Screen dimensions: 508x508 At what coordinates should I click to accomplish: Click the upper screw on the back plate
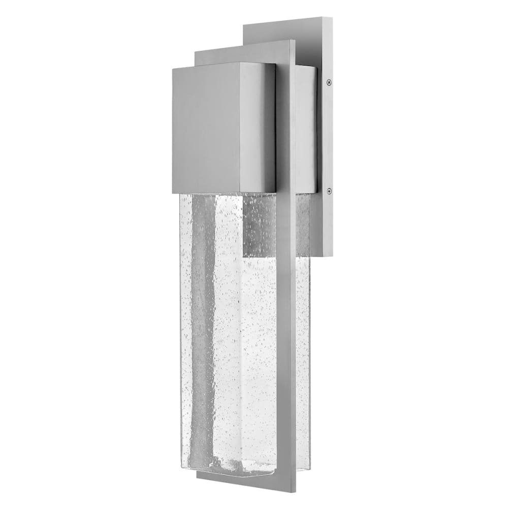[329, 80]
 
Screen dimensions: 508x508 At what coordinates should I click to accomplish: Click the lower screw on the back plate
[329, 190]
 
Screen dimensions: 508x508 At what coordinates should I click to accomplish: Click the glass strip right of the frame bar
[303, 356]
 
